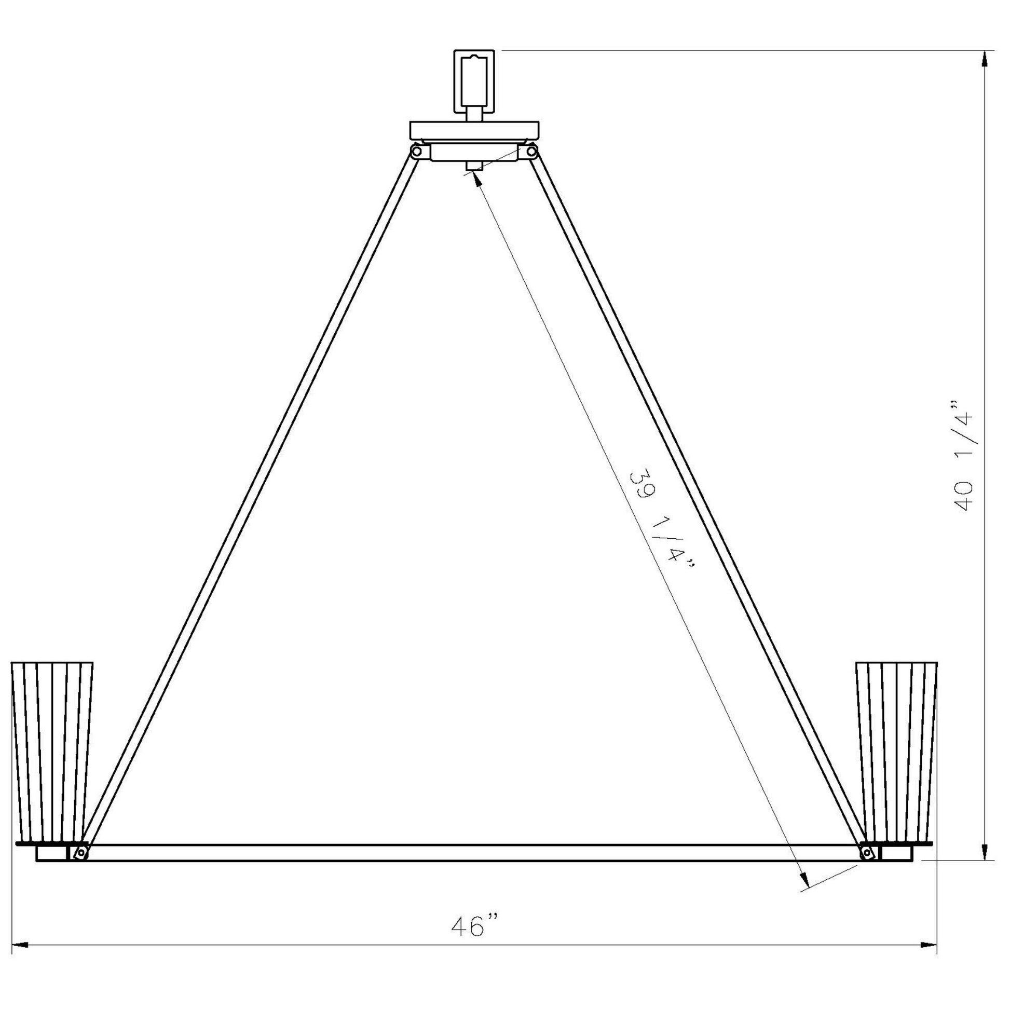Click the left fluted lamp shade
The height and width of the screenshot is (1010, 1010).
pyautogui.click(x=52, y=760)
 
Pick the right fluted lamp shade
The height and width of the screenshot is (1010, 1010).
pyautogui.click(x=896, y=760)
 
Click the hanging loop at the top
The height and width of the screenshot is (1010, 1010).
pyautogui.click(x=474, y=81)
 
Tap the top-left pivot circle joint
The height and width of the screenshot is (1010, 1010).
pyautogui.click(x=416, y=152)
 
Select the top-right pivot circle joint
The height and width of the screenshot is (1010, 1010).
pyautogui.click(x=531, y=152)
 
